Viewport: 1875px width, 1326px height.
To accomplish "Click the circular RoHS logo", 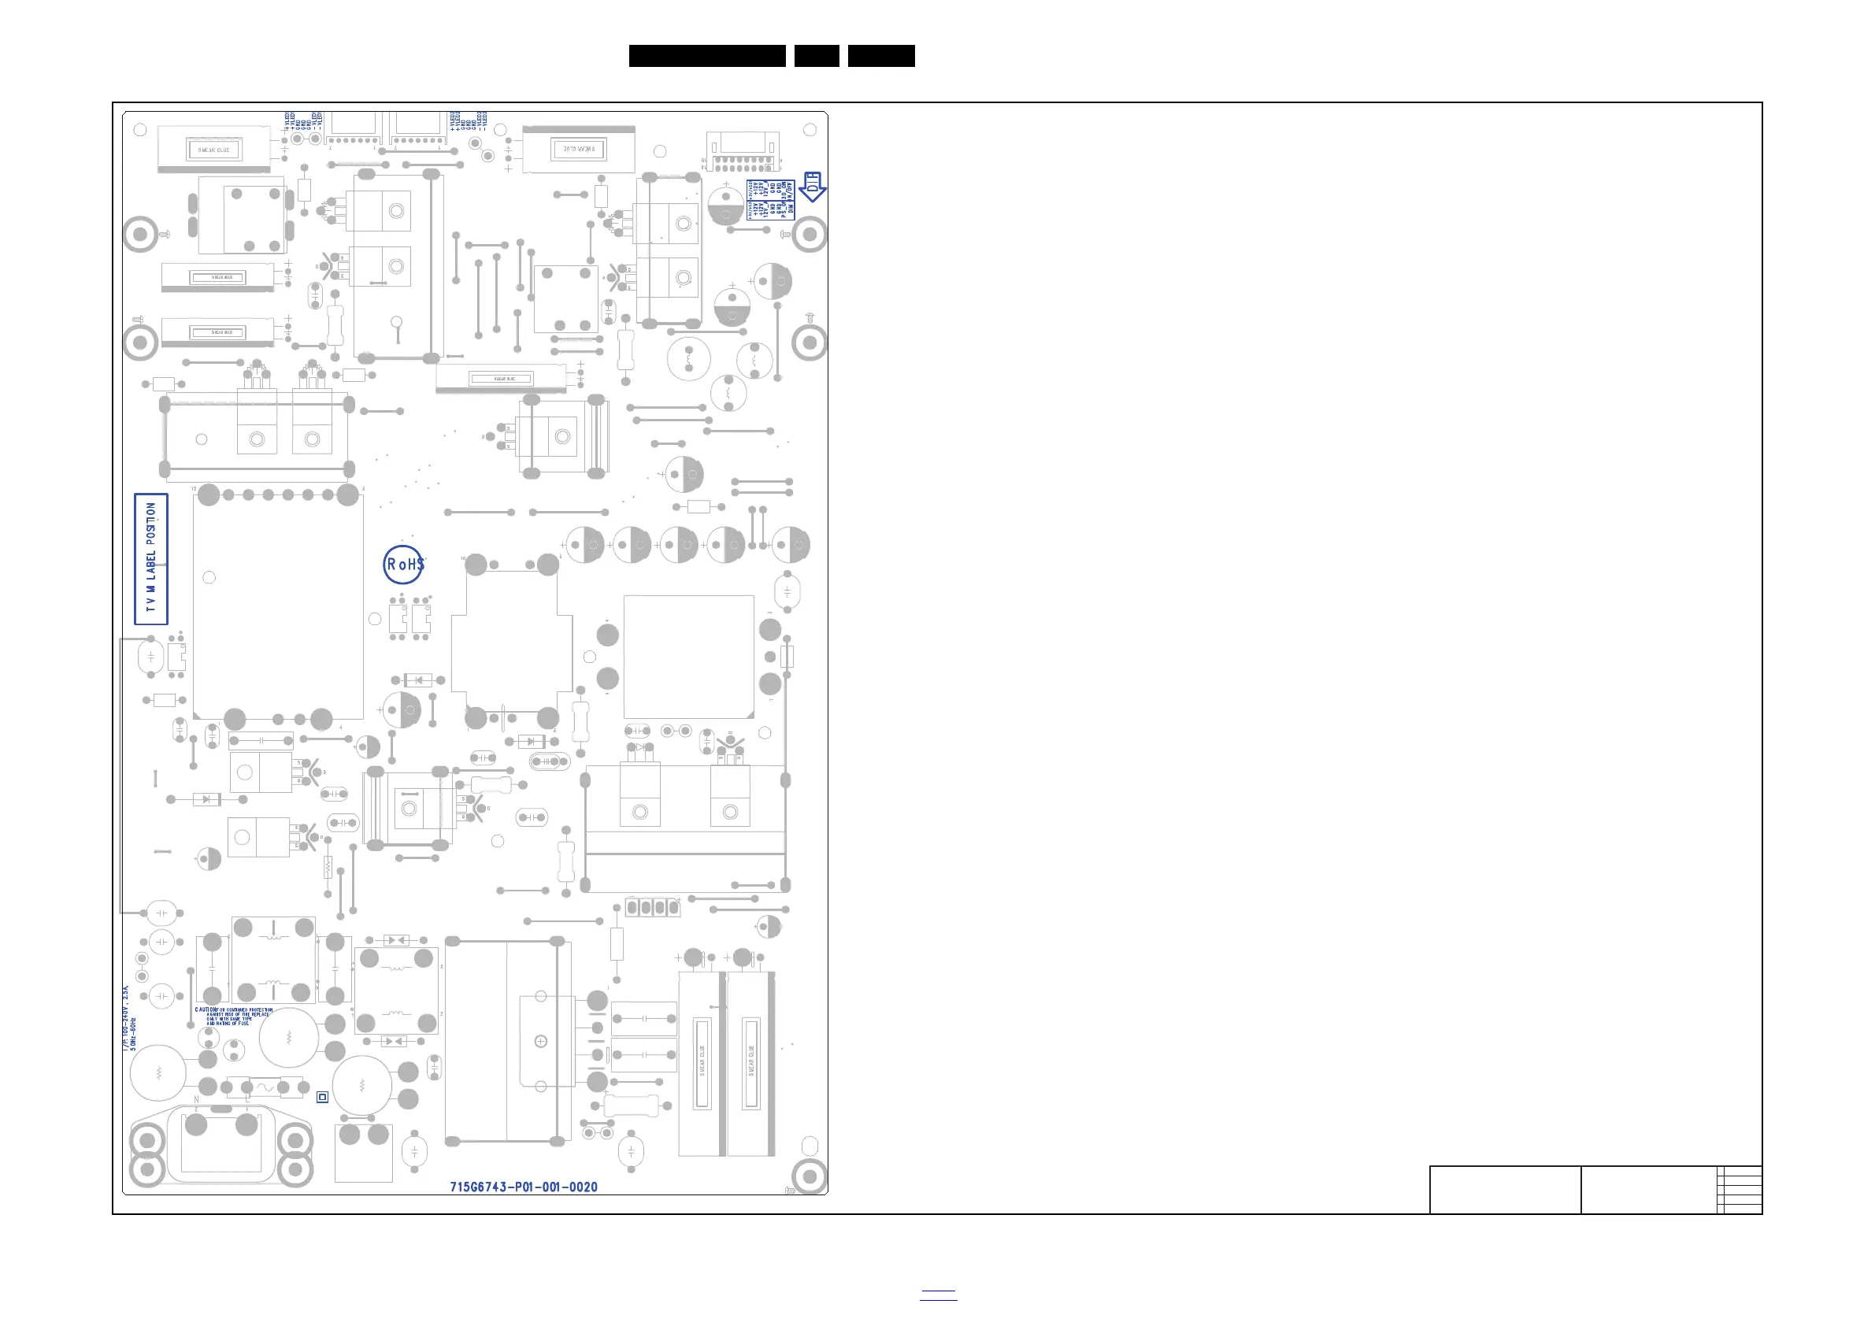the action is tap(403, 565).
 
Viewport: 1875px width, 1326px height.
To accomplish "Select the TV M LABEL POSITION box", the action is tap(151, 558).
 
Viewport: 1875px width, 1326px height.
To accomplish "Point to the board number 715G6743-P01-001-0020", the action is tap(524, 1187).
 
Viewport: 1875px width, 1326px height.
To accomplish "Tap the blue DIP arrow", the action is tap(812, 187).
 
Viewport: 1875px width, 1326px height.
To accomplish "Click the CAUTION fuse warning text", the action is tap(234, 1017).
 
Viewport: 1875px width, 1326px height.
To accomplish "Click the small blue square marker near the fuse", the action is tap(323, 1098).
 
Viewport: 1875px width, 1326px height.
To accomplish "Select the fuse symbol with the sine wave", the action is tap(265, 1087).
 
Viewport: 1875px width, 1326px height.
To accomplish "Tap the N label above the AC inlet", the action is tap(196, 1101).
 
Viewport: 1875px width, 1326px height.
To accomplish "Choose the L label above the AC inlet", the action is tap(247, 1101).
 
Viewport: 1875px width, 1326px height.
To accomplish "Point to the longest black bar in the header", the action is tap(707, 56).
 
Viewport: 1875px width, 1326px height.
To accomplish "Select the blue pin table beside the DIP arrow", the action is tap(770, 199).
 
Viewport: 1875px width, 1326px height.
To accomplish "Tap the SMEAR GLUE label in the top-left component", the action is tap(214, 150).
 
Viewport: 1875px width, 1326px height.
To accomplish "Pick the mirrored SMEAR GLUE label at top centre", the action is tap(579, 150).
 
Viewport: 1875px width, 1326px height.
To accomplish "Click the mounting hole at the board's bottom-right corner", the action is tap(810, 1176).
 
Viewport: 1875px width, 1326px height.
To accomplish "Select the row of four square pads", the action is tap(653, 907).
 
